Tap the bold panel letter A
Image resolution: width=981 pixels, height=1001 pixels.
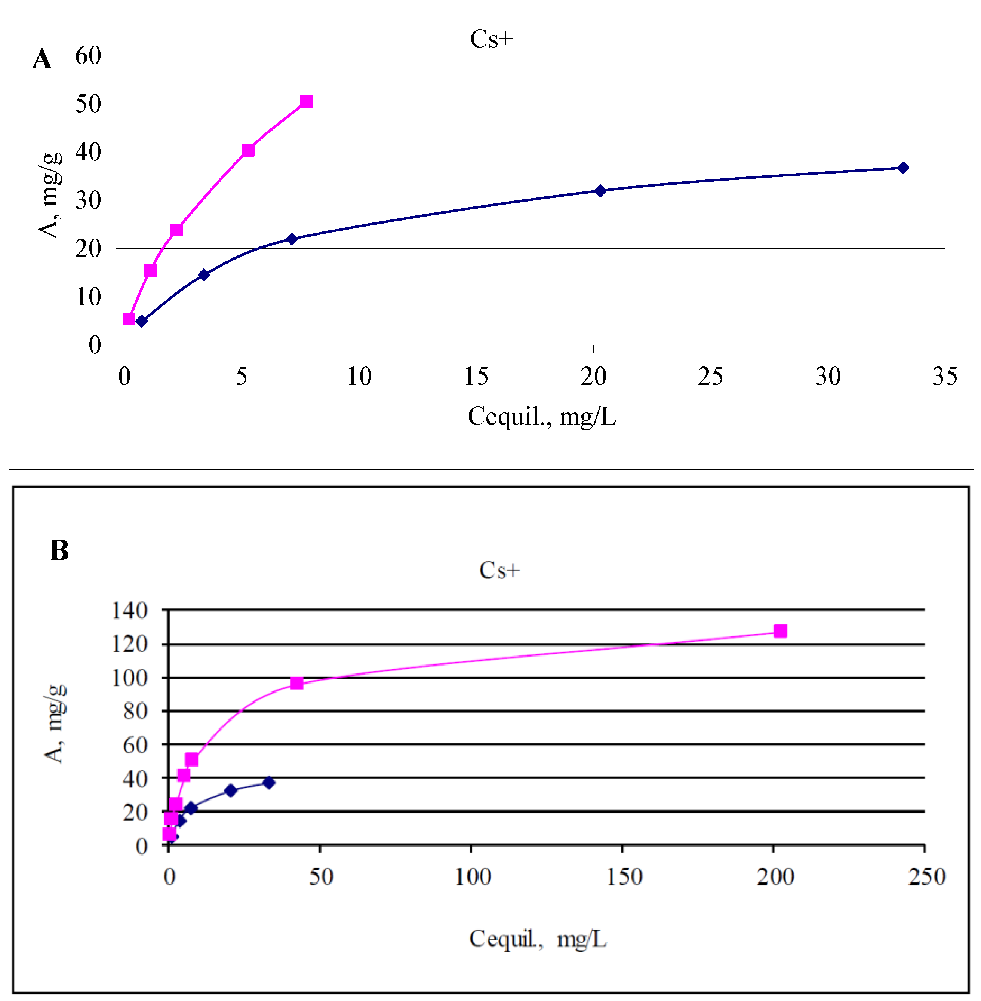pos(42,59)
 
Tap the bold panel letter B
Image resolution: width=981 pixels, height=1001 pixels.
pos(59,550)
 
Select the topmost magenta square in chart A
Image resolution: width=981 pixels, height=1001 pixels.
pos(306,102)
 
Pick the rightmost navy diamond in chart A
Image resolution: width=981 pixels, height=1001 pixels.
pos(903,168)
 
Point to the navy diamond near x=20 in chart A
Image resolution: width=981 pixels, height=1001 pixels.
pos(600,191)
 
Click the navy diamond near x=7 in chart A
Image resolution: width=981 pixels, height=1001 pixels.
pos(292,239)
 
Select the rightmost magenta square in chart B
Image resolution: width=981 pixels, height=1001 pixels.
pos(780,631)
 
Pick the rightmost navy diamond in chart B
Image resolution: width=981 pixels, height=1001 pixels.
pos(268,783)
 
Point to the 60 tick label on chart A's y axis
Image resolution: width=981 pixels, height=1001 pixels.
pos(88,56)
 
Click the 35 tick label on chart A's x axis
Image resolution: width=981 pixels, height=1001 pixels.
pos(944,376)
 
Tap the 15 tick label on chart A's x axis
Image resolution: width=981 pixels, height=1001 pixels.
pos(476,376)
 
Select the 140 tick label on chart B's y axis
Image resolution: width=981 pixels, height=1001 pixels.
pos(129,611)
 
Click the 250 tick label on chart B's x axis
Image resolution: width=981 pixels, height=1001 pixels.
pos(926,876)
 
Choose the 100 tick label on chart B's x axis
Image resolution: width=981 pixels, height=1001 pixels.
pos(472,876)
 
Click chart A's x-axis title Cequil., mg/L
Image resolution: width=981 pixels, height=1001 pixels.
pos(541,416)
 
